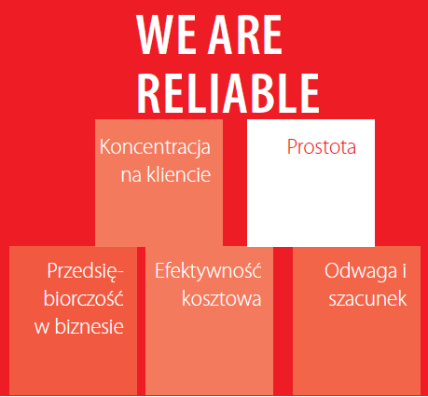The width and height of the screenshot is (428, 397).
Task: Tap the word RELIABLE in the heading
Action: pyautogui.click(x=228, y=90)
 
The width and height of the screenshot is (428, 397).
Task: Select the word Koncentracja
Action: pyautogui.click(x=155, y=147)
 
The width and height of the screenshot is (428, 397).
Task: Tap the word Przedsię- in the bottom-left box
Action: pyautogui.click(x=85, y=272)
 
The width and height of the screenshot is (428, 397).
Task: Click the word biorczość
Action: pyautogui.click(x=82, y=299)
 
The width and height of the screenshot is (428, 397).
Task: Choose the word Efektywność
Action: pyautogui.click(x=208, y=272)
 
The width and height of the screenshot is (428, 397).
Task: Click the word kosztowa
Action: pyautogui.click(x=221, y=299)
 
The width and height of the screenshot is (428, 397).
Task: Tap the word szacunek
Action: pyautogui.click(x=366, y=299)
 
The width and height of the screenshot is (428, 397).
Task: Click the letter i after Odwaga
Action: pyautogui.click(x=405, y=271)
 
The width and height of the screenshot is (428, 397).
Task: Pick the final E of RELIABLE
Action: pyautogui.click(x=309, y=90)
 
